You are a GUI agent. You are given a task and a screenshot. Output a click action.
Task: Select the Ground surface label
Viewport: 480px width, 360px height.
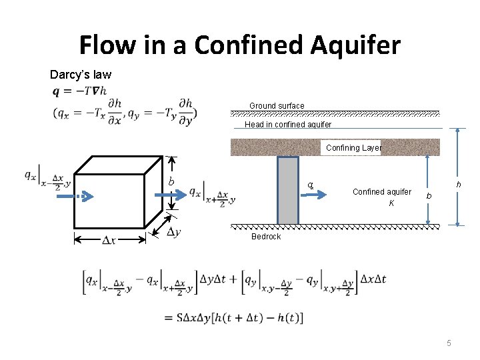(277, 105)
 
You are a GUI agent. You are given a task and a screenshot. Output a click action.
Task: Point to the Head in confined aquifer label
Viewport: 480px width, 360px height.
(288, 125)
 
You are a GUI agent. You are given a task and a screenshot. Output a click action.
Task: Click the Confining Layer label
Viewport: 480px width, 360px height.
(353, 148)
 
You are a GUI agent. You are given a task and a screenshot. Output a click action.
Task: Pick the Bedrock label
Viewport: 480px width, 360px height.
(266, 237)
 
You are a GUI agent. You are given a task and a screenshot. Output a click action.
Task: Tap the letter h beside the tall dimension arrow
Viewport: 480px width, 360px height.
(458, 185)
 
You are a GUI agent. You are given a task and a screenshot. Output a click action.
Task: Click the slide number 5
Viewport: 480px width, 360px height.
(449, 343)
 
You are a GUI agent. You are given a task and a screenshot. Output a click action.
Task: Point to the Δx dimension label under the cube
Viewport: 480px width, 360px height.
(109, 239)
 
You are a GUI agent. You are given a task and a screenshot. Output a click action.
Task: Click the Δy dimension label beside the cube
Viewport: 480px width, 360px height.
(174, 231)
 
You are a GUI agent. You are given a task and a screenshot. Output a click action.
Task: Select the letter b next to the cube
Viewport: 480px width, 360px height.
(171, 182)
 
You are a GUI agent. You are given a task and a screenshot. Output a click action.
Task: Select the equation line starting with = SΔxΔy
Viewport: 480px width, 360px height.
(233, 318)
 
